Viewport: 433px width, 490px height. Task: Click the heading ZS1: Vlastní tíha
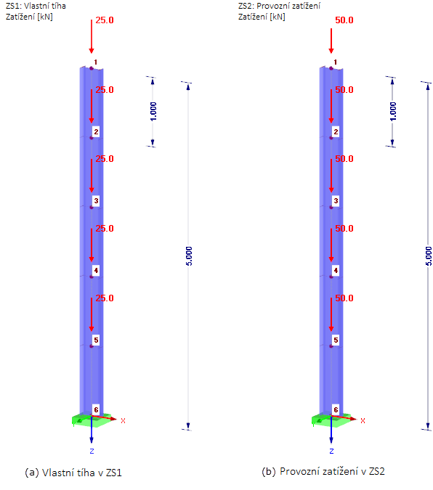click(x=36, y=6)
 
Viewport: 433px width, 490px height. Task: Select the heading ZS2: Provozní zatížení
click(x=279, y=6)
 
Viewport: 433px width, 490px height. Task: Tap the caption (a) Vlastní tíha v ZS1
click(x=73, y=473)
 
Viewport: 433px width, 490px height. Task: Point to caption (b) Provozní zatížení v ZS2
click(x=323, y=471)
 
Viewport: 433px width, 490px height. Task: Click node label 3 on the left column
click(x=96, y=200)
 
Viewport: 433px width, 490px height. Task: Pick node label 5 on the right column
click(x=336, y=340)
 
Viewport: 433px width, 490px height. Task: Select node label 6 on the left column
click(x=96, y=409)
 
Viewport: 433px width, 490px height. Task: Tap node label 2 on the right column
click(x=336, y=131)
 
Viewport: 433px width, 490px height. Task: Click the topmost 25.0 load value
click(x=105, y=20)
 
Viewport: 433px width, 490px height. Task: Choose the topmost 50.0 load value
click(x=344, y=20)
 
